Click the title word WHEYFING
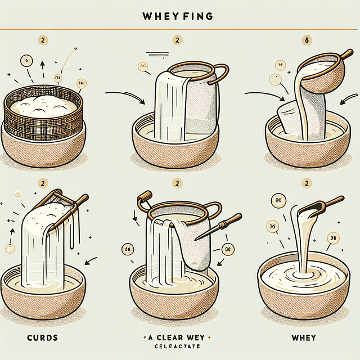pos(179,16)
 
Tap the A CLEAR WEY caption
pos(180,337)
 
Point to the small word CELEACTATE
pos(180,347)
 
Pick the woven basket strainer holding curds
pos(43,115)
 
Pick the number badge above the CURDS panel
pos(42,183)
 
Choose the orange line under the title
pos(179,29)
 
